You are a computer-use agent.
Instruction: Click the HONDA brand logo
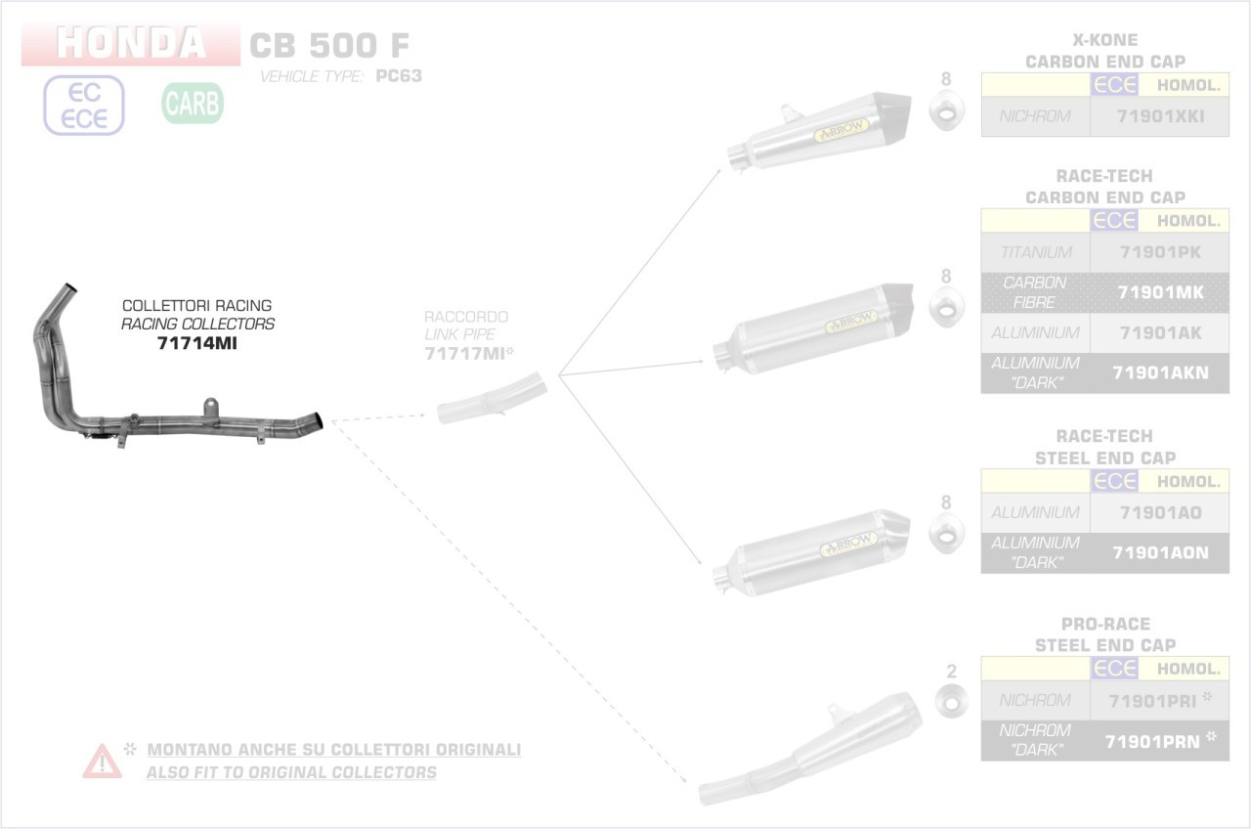point(131,44)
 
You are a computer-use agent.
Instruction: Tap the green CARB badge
point(193,103)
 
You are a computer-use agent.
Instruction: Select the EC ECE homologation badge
point(84,106)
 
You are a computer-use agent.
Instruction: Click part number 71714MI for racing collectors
point(197,344)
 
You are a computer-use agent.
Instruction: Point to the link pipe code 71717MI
point(464,354)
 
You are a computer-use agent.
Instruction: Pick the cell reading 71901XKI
point(1160,116)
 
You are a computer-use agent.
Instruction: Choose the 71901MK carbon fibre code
point(1160,292)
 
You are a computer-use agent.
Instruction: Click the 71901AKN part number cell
point(1160,372)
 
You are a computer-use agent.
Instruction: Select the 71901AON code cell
point(1160,552)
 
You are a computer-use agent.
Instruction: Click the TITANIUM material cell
point(1036,252)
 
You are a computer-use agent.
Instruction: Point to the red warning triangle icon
point(103,761)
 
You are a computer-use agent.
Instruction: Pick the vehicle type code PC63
point(399,76)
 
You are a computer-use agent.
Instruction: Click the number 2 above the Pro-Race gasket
point(951,672)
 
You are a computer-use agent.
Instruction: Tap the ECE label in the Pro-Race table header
point(1115,669)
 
